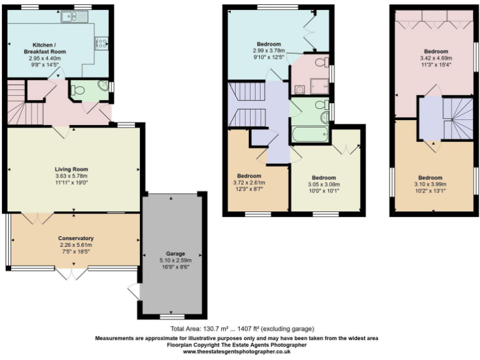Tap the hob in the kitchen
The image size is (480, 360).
point(101,43)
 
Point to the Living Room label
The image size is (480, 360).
point(71,169)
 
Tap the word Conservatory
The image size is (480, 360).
point(76,238)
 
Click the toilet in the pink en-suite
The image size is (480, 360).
point(319,62)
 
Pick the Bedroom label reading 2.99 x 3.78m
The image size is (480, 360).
point(269,51)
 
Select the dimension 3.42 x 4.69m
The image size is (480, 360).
point(436,57)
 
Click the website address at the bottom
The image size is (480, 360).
point(236,352)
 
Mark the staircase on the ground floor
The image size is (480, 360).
point(25,106)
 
